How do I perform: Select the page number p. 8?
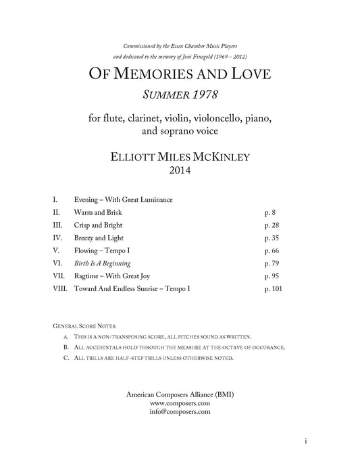pyautogui.click(x=270, y=211)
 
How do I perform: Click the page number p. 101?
pyautogui.click(x=273, y=288)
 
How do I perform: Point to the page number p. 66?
pyautogui.click(x=271, y=250)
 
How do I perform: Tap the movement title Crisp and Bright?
pyautogui.click(x=104, y=224)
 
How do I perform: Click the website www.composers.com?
pyautogui.click(x=180, y=403)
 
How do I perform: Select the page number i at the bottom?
pyautogui.click(x=306, y=441)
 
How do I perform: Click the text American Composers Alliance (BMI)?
pyautogui.click(x=180, y=394)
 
